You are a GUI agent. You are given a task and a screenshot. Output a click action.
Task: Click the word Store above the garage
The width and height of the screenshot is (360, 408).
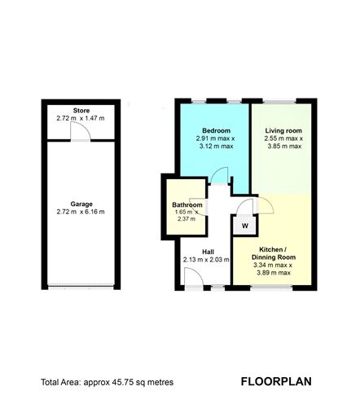(80, 111)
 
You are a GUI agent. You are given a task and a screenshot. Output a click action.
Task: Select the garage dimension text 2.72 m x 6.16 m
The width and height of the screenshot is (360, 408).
(80, 213)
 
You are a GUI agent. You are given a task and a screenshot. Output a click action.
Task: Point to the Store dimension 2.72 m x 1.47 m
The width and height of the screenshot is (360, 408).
(80, 119)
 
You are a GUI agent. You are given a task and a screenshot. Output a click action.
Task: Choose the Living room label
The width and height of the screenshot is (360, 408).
(283, 130)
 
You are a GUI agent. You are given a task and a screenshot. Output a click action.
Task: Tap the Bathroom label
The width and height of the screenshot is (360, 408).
(187, 204)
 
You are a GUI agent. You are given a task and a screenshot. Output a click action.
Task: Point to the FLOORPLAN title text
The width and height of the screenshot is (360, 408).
(275, 381)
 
